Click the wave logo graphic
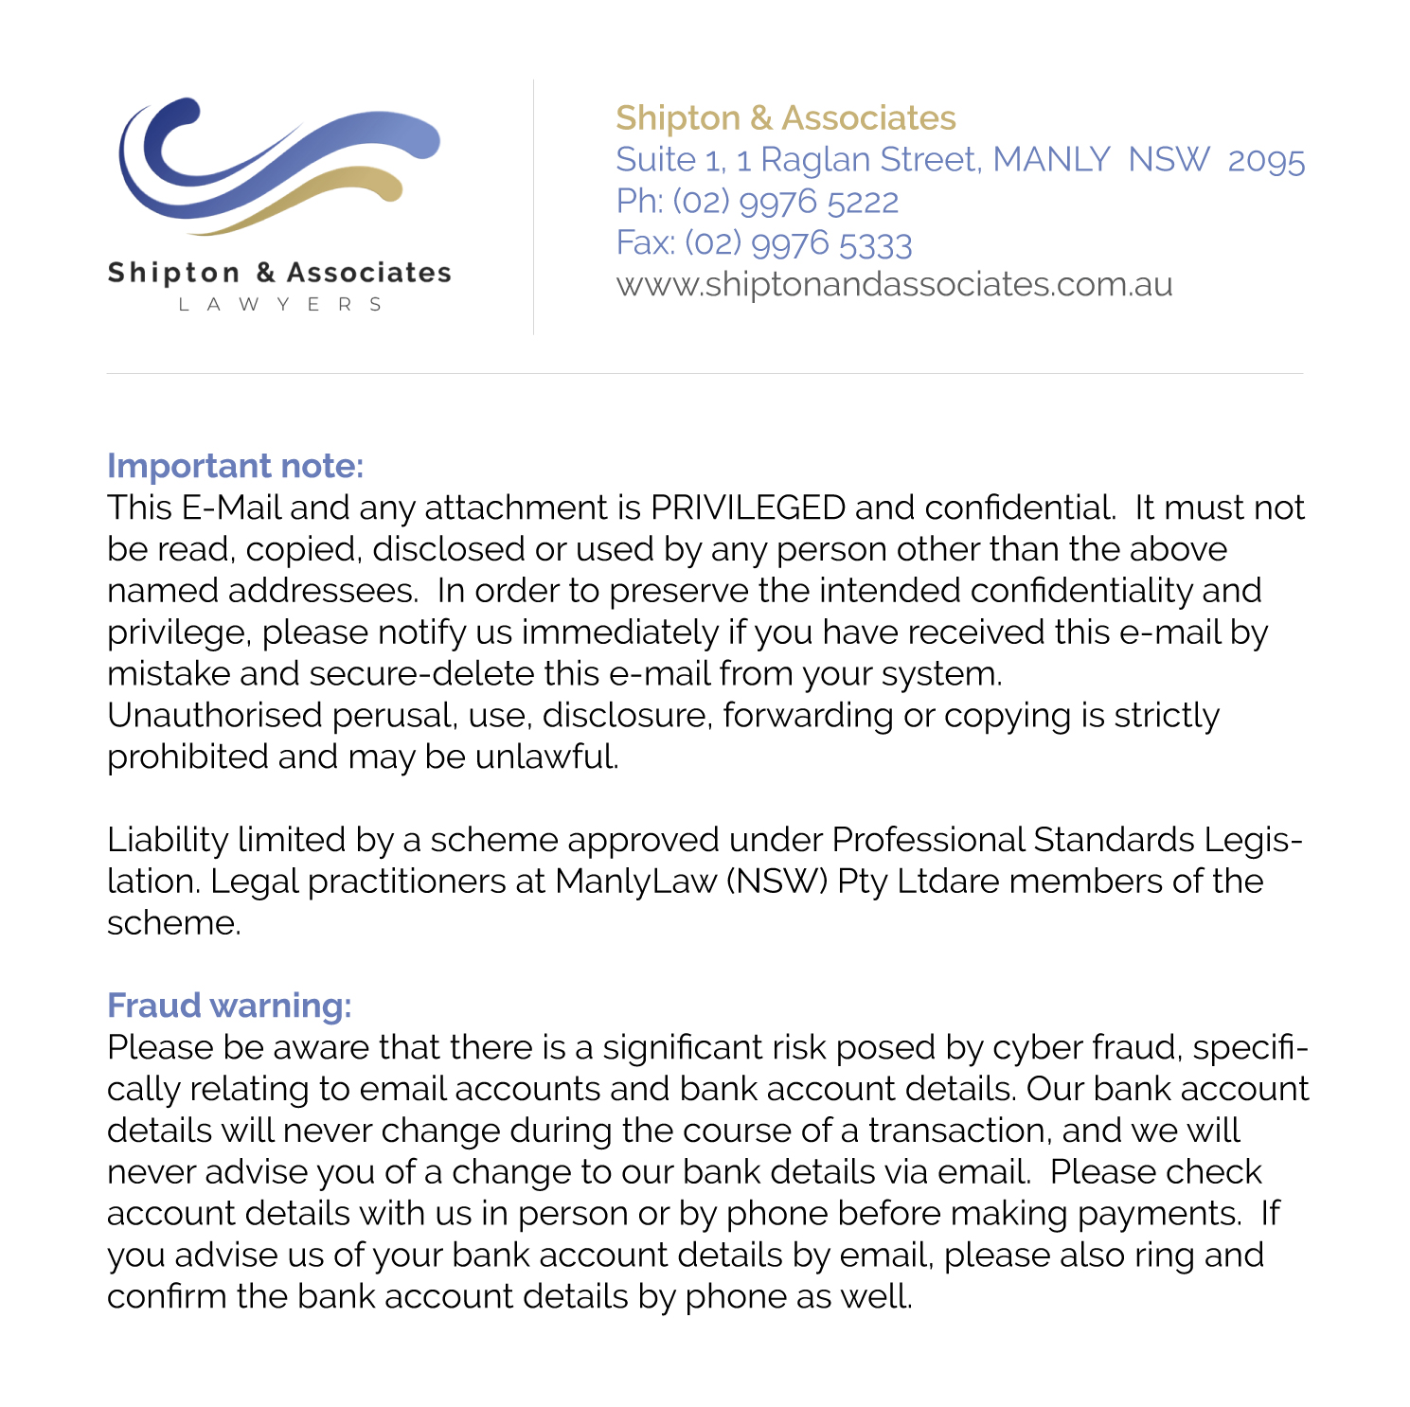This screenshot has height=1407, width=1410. point(279,166)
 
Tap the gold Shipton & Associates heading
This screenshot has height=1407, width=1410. point(785,118)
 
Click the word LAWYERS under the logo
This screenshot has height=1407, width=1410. point(280,304)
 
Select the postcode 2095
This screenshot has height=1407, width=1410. point(1266,160)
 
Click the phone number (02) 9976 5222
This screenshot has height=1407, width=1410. point(785,202)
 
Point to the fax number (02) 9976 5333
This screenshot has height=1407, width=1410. point(797,243)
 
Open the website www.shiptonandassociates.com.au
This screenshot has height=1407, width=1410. point(894,284)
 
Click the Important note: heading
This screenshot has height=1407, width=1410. point(235,466)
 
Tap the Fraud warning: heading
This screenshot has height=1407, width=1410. point(229,1006)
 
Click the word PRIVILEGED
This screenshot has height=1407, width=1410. point(748,508)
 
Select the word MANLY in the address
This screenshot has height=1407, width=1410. point(1051,160)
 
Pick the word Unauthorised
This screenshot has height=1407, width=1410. point(215,716)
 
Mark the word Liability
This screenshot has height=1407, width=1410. point(168,840)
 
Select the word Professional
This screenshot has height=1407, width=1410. point(928,840)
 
